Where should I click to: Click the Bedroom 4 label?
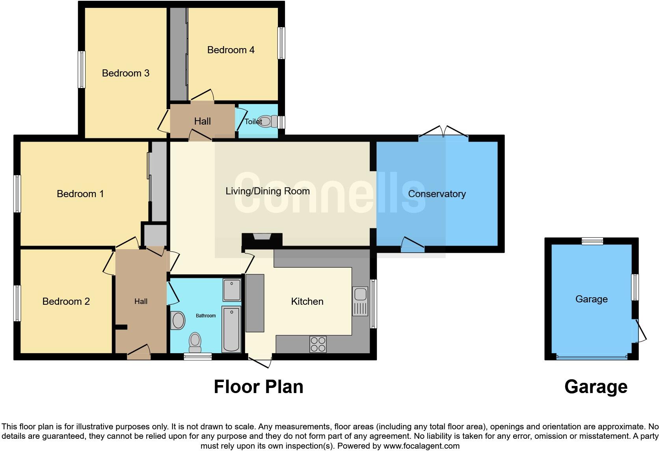(x=231, y=50)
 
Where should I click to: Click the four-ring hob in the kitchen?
(x=318, y=344)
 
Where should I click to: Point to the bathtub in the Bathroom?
(x=231, y=329)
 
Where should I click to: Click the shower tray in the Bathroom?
(x=232, y=290)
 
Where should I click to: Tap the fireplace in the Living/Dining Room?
(x=262, y=237)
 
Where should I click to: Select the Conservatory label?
(x=437, y=194)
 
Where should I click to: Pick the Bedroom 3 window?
(x=82, y=69)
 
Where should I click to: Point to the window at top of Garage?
(x=592, y=241)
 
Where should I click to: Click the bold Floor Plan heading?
(x=259, y=387)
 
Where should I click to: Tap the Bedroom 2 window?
(x=17, y=303)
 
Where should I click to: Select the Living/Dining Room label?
(x=267, y=191)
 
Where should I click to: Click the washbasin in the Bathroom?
(x=178, y=321)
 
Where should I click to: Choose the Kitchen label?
(x=307, y=302)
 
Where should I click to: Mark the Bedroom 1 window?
(x=17, y=194)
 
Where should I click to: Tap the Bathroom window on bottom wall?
(x=198, y=357)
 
